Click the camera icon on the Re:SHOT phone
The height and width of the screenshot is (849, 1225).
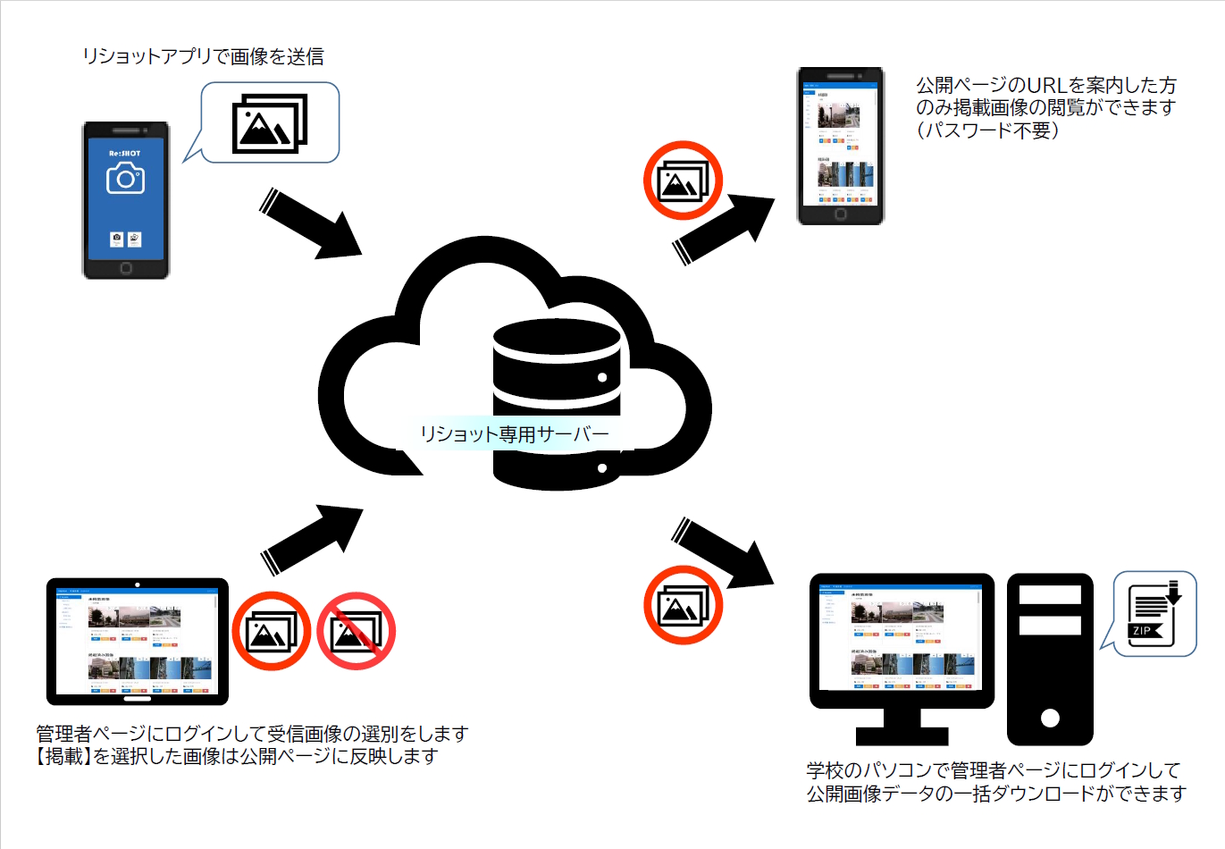click(x=125, y=179)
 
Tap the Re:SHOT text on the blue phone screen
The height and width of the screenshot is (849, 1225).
click(x=125, y=154)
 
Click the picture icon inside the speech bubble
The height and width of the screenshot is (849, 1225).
click(x=270, y=123)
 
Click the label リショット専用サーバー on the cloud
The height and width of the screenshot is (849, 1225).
click(x=515, y=434)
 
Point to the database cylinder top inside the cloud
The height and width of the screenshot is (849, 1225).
click(x=557, y=338)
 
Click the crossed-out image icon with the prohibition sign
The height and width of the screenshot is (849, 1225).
click(x=356, y=631)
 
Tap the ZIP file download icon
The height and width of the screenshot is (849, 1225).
click(x=1154, y=614)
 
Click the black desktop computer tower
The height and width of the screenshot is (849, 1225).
click(x=1050, y=659)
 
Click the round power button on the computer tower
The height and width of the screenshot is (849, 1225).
click(x=1050, y=717)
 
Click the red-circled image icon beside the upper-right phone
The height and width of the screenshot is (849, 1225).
click(x=683, y=181)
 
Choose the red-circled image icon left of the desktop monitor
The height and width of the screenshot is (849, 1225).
click(x=683, y=605)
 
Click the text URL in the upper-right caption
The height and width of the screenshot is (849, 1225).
click(x=1048, y=86)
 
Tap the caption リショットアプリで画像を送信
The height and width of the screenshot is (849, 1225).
click(x=203, y=56)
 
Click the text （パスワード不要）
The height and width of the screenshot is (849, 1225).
click(x=987, y=130)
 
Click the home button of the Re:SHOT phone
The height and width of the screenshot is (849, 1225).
click(x=126, y=268)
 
